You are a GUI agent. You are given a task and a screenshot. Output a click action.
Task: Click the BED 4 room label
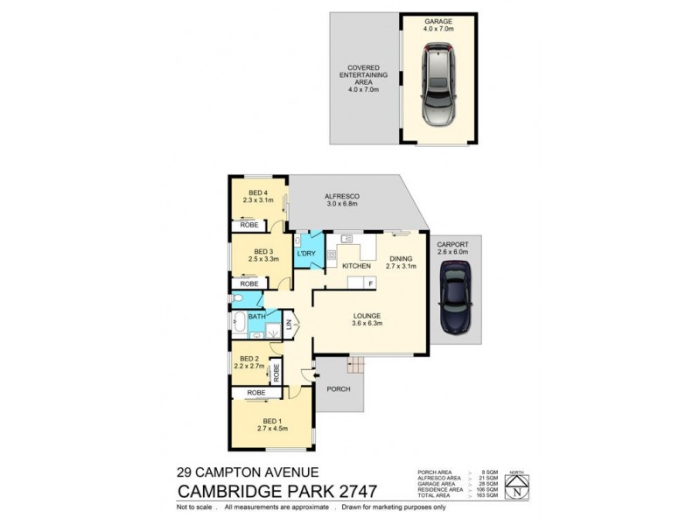click(x=258, y=193)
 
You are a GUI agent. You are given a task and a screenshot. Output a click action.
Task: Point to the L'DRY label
click(x=306, y=254)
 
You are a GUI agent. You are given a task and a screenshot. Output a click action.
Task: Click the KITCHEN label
click(x=344, y=265)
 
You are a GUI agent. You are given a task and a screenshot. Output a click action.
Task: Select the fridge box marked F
click(x=371, y=283)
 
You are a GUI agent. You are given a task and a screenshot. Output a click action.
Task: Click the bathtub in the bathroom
click(x=241, y=326)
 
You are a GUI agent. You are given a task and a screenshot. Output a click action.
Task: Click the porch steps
click(x=355, y=364)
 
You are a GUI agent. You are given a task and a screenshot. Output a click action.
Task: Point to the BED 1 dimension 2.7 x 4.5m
click(x=273, y=429)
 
